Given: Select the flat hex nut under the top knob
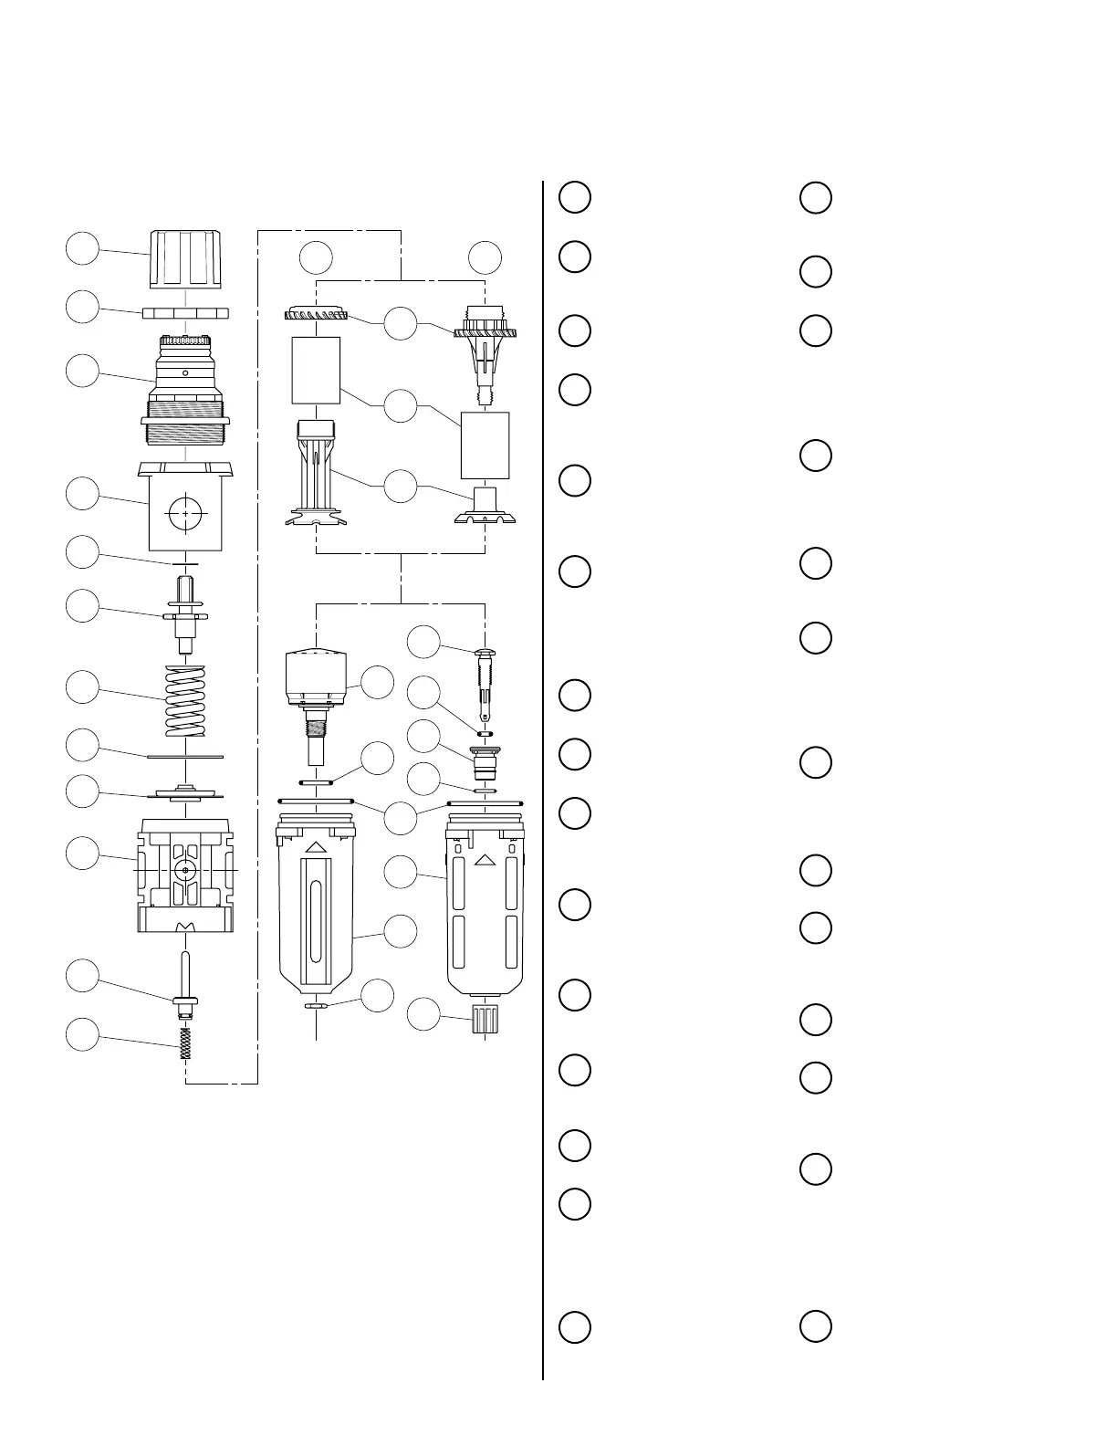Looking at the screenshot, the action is point(185,312).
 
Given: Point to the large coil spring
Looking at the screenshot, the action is point(185,700).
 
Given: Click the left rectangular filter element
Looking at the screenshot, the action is point(316,371).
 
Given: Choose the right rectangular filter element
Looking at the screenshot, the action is point(485,445).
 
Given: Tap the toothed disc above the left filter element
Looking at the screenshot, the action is point(316,314).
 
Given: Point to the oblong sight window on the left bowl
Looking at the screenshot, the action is point(316,922).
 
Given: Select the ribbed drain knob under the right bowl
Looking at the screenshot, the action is point(485,1019).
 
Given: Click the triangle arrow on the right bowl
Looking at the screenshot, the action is point(485,859).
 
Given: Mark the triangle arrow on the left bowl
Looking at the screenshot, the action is point(316,848).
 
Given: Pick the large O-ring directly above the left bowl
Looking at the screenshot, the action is point(316,802).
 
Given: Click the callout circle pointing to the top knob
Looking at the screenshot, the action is point(83,248).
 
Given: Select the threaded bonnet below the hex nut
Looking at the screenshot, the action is point(185,388).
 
